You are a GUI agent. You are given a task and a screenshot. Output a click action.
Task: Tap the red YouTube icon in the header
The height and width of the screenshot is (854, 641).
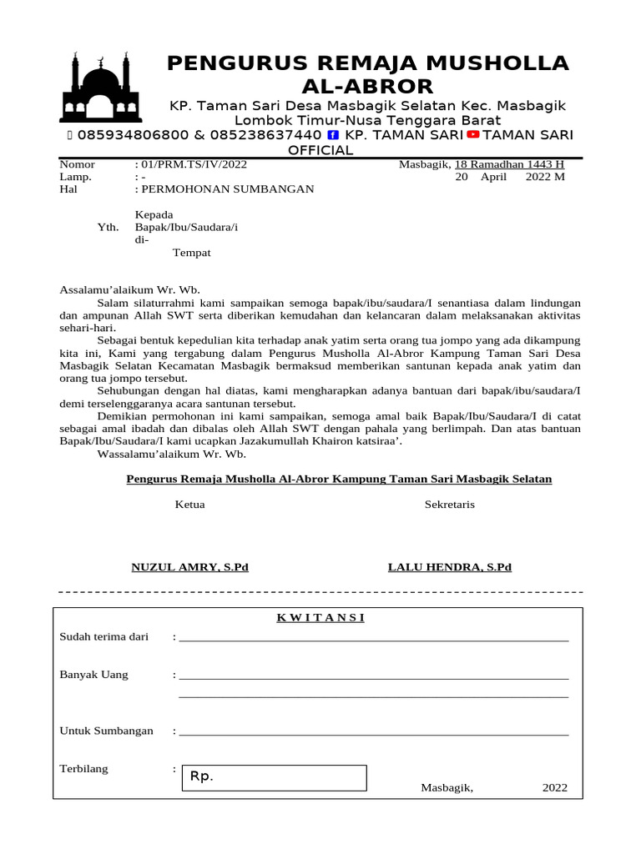(473, 135)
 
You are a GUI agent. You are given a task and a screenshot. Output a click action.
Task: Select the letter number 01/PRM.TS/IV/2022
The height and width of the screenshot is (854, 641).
(196, 165)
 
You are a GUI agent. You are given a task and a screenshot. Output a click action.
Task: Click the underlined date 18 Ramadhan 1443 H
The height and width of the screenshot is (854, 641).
(509, 165)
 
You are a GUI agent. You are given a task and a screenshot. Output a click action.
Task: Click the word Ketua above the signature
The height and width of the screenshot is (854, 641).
(189, 505)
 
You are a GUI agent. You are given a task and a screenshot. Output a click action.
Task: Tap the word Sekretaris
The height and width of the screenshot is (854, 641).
(450, 505)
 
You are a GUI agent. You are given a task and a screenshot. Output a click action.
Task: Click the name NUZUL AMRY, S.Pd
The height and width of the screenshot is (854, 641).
(190, 567)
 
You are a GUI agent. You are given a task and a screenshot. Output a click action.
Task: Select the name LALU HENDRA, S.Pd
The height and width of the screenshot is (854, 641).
(450, 567)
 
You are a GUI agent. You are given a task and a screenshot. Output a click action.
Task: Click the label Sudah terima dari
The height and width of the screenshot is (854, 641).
(104, 637)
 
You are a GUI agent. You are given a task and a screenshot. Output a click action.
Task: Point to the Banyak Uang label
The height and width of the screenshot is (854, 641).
(94, 675)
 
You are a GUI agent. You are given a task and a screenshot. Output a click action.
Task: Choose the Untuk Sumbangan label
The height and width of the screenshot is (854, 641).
(107, 731)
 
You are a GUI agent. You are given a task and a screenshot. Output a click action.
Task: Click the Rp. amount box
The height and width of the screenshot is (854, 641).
(274, 777)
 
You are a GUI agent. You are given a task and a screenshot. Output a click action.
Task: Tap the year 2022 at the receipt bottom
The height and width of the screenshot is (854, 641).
(554, 787)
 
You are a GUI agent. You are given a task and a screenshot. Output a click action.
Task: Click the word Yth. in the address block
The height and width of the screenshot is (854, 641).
(109, 228)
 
